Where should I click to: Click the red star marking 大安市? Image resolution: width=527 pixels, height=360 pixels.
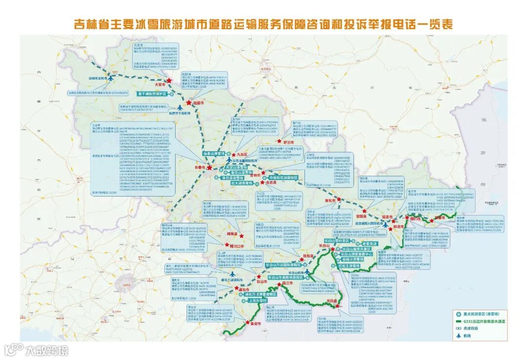pyautogui.click(x=169, y=81)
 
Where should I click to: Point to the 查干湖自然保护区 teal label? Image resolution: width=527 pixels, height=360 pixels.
pyautogui.click(x=152, y=93)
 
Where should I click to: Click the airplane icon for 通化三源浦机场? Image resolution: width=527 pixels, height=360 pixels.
pyautogui.click(x=227, y=274)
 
